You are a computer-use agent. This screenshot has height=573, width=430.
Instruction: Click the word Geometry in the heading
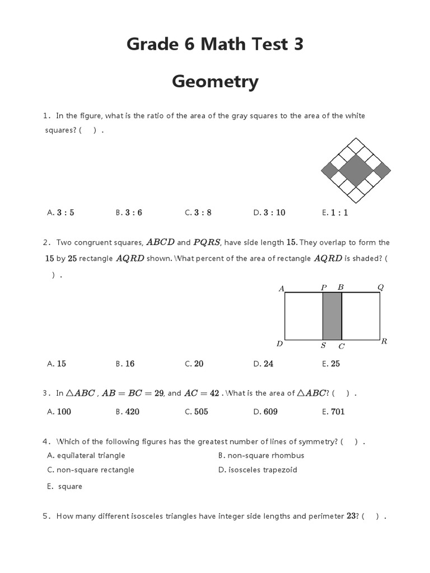pos(215,82)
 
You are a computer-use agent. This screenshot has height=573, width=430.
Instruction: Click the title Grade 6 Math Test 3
pos(215,43)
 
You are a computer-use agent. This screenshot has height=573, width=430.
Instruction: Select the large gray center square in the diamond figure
pos(355,170)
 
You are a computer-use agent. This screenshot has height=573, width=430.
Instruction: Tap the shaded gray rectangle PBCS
pos(332,316)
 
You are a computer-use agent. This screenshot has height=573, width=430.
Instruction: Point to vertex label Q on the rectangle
pos(381,287)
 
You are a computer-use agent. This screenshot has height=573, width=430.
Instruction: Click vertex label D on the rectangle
pos(279,344)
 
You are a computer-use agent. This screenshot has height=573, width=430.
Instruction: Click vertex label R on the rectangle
pos(384,341)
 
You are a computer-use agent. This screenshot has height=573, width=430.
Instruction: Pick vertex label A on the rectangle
pos(282,289)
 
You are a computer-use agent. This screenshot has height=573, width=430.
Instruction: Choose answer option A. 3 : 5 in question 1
pos(61,213)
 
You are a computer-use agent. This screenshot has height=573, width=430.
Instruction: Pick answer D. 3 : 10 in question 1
pos(269,213)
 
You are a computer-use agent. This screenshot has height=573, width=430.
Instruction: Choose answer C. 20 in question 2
pos(194,364)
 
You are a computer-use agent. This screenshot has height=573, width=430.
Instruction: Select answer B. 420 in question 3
pos(128,412)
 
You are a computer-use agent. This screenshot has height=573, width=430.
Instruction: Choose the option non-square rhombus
pos(261,455)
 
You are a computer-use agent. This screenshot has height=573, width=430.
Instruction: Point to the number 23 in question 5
pos(351,516)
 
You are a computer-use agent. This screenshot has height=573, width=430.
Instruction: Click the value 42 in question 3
pos(214,393)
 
